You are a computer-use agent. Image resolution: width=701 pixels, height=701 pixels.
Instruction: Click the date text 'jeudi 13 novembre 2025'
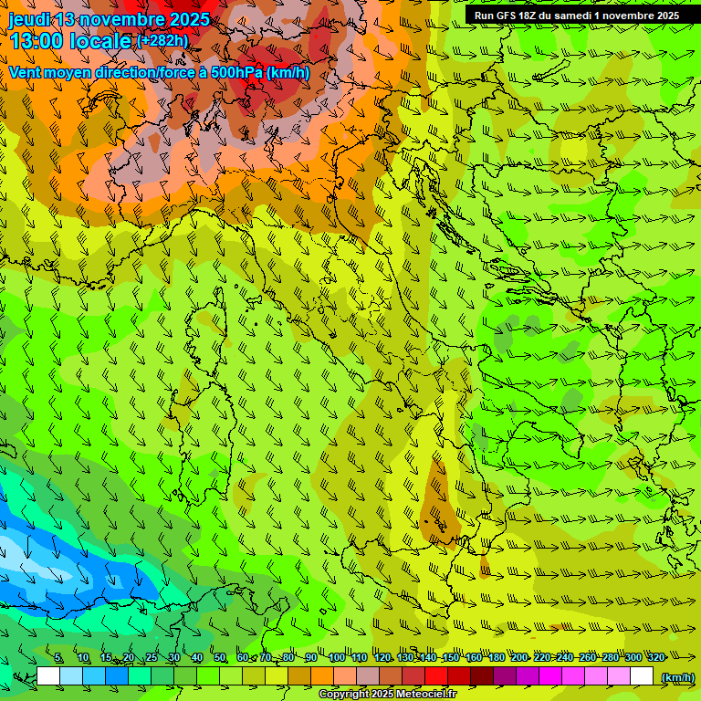pyautogui.click(x=109, y=19)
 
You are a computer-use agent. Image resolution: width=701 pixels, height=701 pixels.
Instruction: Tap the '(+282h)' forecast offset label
pyautogui.click(x=162, y=40)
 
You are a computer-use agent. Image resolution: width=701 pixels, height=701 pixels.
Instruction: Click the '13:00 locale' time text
pyautogui.click(x=69, y=41)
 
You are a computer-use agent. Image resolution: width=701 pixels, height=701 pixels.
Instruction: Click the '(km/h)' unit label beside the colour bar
pyautogui.click(x=676, y=677)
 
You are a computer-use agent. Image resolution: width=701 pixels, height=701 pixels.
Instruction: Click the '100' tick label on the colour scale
pyautogui.click(x=336, y=657)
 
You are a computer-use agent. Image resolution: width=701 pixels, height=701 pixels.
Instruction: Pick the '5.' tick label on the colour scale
pyautogui.click(x=58, y=657)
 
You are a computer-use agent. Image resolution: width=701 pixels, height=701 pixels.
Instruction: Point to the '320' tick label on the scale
pyautogui.click(x=655, y=657)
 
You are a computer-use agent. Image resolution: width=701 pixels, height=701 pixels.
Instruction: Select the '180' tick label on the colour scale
pyautogui.click(x=496, y=657)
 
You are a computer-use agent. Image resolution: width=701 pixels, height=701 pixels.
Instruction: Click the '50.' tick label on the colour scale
pyautogui.click(x=220, y=657)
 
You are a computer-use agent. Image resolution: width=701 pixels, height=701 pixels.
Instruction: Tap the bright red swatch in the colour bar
pyautogui.click(x=436, y=676)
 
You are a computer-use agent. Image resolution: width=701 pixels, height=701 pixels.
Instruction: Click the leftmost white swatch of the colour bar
pyautogui.click(x=48, y=676)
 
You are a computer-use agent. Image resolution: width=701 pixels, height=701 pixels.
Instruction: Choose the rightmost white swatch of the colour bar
pyautogui.click(x=642, y=676)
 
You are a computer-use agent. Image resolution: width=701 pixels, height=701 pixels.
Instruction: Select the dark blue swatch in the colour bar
pyautogui.click(x=117, y=676)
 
